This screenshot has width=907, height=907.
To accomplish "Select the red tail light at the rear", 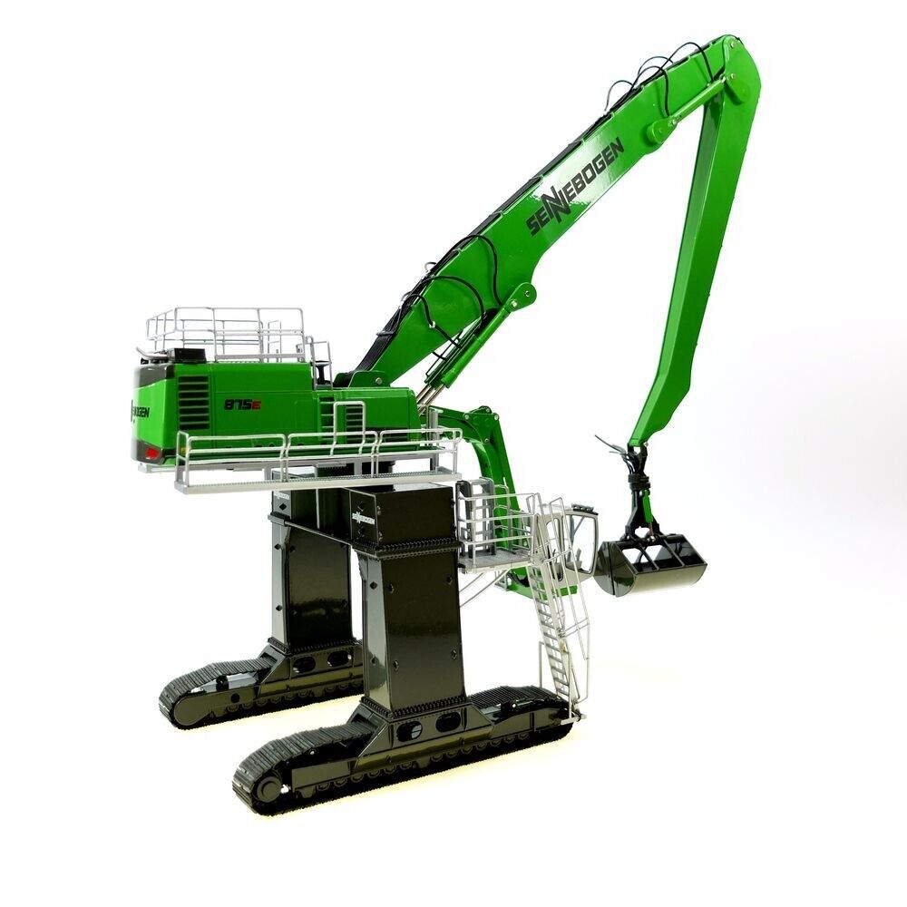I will [x=151, y=451].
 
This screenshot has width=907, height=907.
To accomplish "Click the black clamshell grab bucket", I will [x=649, y=565].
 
